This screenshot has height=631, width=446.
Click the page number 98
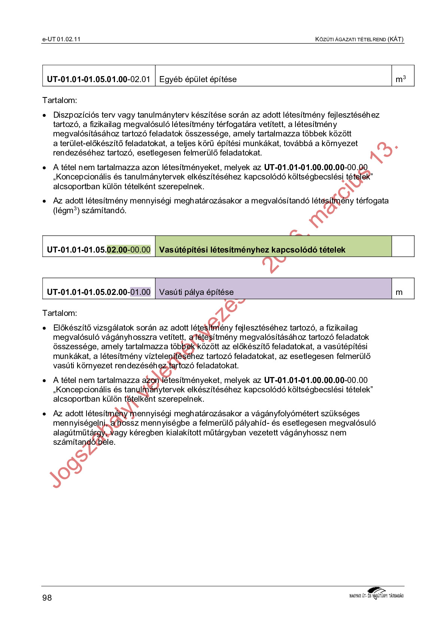tap(47, 597)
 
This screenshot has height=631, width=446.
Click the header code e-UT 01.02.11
tap(61, 39)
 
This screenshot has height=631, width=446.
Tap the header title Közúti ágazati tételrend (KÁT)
tap(359, 39)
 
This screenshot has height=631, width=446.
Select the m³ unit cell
tap(401, 79)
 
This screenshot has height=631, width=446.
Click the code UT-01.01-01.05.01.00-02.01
tap(98, 79)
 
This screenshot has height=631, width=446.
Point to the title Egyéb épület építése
tap(198, 79)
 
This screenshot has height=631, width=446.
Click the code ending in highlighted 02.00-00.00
tap(98, 250)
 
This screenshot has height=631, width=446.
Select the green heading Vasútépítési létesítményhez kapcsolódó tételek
tap(252, 250)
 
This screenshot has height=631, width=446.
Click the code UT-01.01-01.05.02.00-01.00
tap(98, 292)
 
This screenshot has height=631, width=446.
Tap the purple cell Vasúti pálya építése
tap(196, 292)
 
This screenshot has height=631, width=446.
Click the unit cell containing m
tap(399, 292)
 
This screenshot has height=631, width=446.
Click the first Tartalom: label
tap(60, 100)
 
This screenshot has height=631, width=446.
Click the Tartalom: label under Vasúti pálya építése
tap(60, 313)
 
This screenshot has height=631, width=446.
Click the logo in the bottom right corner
tap(376, 594)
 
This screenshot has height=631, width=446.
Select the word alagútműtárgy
tap(79, 433)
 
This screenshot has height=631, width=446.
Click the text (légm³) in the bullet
tap(66, 211)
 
